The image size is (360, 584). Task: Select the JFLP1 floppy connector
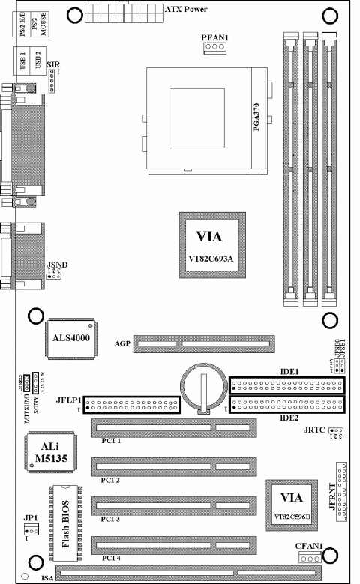click(x=132, y=406)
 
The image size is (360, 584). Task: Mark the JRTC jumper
click(x=337, y=430)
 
